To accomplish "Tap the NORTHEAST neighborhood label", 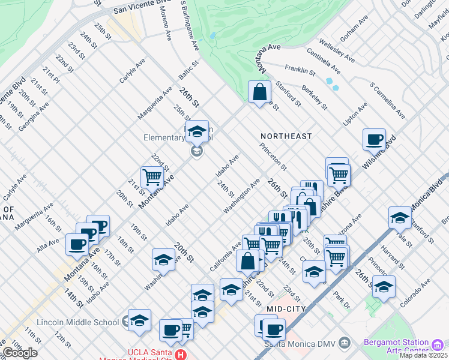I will coord(286,136).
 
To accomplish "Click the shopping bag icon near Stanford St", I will coord(259,92).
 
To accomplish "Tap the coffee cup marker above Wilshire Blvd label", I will coord(374,140).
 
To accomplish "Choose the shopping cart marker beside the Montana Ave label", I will coord(152,177).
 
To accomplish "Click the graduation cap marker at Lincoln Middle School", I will coord(139,320).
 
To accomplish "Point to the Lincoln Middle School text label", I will coord(77,322).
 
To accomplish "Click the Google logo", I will coord(19,353).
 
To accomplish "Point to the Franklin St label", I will coord(300,71).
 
